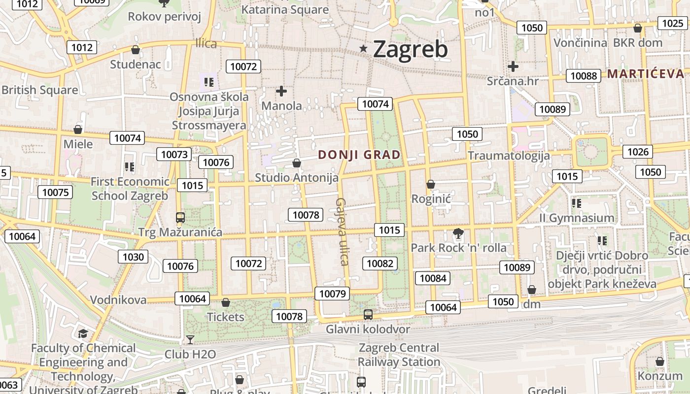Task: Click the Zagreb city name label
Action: point(410,49)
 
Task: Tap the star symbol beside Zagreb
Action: point(364,48)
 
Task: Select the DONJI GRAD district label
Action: point(359,155)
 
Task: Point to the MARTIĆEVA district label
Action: point(646,74)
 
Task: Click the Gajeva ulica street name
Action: point(342,231)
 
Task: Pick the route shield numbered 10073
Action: point(174,154)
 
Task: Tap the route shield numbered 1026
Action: point(638,152)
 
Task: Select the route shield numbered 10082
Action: point(380,263)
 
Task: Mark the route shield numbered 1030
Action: point(133,257)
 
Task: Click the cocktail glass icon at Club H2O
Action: point(190,339)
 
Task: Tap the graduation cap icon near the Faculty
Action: point(83,334)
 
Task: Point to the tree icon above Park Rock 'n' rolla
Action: point(458,233)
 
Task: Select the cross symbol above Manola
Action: point(281,91)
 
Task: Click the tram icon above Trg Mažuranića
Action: point(180,217)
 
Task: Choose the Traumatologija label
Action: point(509,156)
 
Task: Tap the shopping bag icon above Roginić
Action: point(431,184)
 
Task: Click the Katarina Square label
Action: point(285,10)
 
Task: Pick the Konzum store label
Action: point(660,376)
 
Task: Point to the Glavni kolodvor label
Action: point(368,329)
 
